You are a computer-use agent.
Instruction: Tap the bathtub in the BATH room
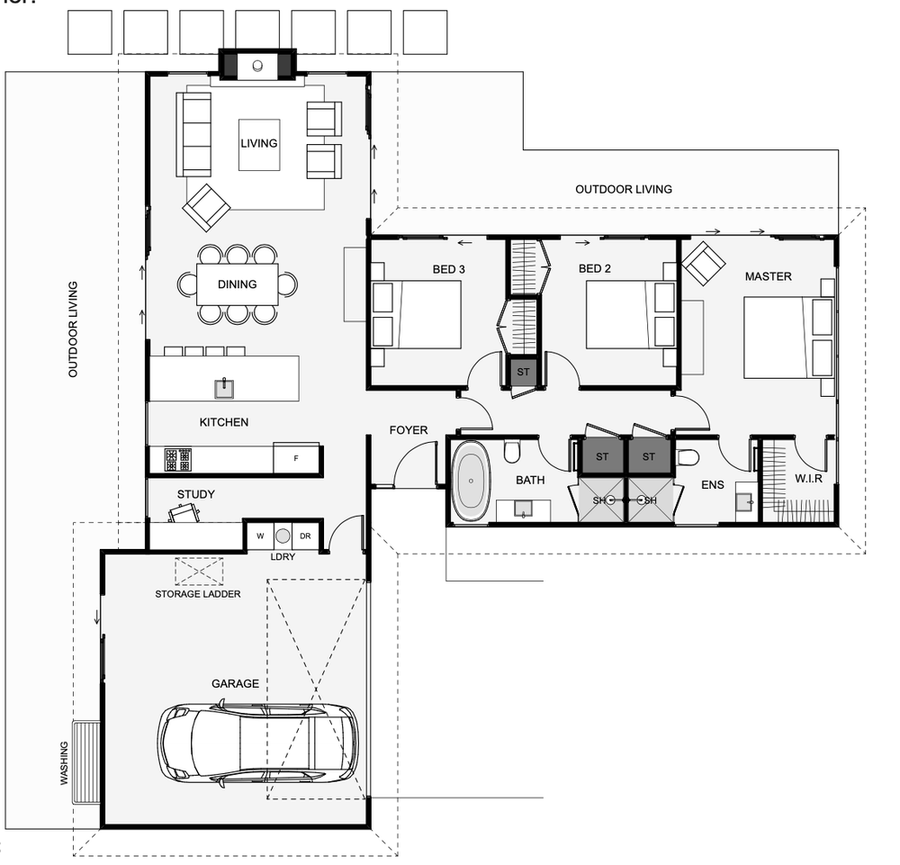tap(470, 481)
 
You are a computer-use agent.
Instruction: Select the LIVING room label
tap(258, 143)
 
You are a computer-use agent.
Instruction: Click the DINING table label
tap(237, 284)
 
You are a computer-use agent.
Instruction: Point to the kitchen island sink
tap(224, 388)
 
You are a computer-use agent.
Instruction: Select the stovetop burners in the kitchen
tap(177, 460)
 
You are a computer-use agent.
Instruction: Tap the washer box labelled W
tap(260, 536)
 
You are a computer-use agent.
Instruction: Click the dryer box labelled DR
tap(305, 536)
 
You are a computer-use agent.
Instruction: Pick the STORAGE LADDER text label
tap(197, 594)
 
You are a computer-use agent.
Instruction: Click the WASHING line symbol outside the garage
tap(86, 761)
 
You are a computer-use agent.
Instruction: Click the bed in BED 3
tap(417, 313)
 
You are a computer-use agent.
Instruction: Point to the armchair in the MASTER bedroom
tap(703, 264)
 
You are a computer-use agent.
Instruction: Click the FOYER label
tap(408, 430)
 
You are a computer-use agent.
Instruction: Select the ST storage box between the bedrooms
tap(523, 372)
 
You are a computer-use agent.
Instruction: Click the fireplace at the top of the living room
tap(258, 65)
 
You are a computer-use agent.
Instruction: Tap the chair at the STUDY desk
tap(184, 511)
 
